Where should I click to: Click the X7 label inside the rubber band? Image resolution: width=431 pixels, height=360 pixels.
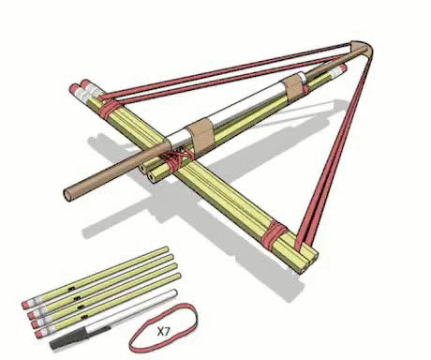164,331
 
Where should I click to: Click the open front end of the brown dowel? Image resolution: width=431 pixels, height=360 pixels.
68,195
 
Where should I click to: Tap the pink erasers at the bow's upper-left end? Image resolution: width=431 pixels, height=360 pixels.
83,92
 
